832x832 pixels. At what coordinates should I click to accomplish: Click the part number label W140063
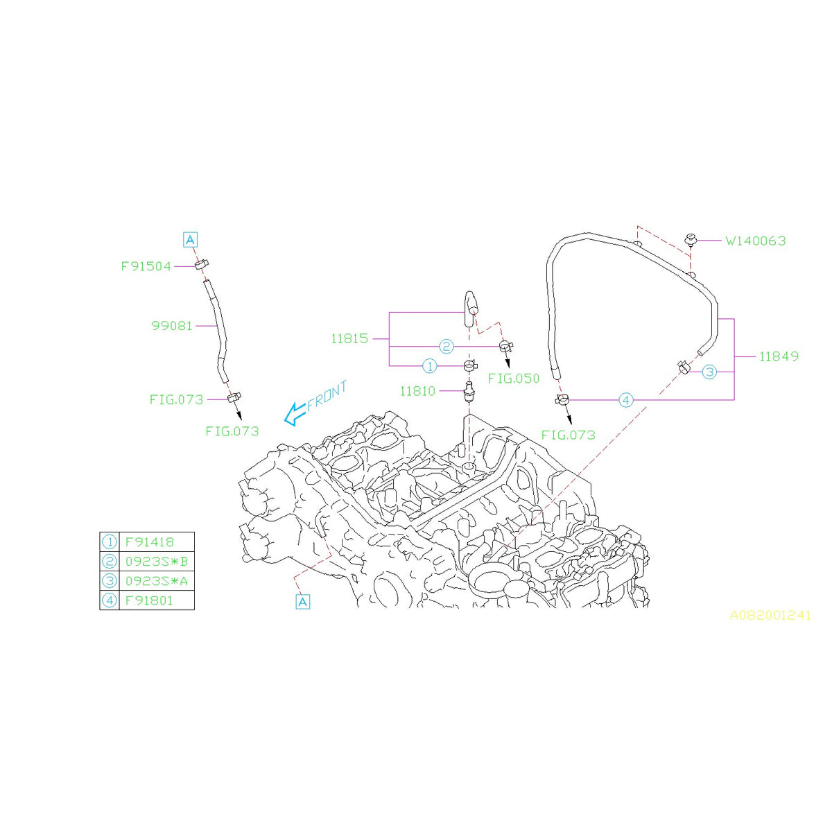click(x=755, y=241)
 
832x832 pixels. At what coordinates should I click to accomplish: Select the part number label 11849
click(x=779, y=356)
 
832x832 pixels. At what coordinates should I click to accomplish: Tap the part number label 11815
click(x=350, y=339)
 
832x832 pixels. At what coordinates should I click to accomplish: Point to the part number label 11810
click(x=417, y=391)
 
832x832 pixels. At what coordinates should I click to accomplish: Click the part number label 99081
click(x=172, y=325)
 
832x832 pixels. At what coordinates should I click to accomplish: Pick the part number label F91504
click(x=146, y=266)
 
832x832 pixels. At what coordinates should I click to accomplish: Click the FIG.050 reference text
click(x=513, y=379)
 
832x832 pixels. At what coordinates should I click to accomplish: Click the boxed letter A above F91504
click(x=190, y=240)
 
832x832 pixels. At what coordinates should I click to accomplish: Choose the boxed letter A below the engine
click(x=302, y=602)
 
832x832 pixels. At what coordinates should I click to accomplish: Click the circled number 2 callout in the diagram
click(x=446, y=346)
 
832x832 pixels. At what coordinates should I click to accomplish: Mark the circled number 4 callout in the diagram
click(x=625, y=400)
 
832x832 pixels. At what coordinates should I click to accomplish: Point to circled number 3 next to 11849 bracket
click(x=709, y=372)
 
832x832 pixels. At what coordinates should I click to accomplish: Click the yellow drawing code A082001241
click(x=770, y=615)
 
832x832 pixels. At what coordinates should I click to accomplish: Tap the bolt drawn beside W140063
click(x=691, y=241)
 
